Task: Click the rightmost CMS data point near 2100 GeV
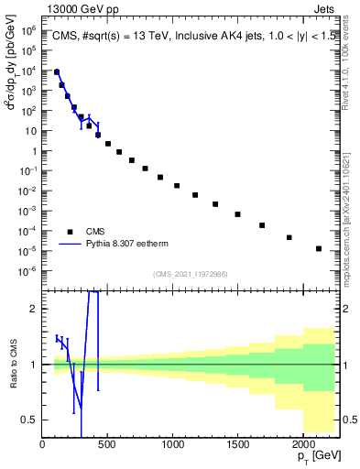[319, 248]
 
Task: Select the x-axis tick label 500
[107, 444]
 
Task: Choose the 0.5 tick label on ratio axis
[28, 420]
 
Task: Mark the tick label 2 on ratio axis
[33, 309]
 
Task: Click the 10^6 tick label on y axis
[27, 30]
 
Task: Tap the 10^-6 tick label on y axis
[27, 270]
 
